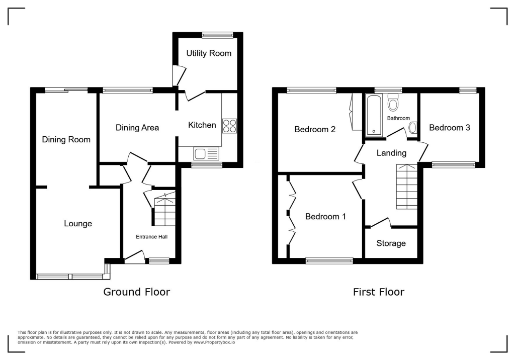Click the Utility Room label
click(209, 53)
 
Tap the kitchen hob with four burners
click(229, 126)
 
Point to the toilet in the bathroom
click(393, 103)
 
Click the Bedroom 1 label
click(325, 217)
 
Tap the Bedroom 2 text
click(315, 129)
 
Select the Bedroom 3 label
click(449, 128)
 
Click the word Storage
click(391, 243)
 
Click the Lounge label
click(78, 223)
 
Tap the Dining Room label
click(66, 139)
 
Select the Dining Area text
click(137, 128)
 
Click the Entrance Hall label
click(151, 236)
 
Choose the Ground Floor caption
click(136, 292)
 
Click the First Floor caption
click(378, 292)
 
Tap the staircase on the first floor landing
click(407, 187)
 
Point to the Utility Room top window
click(217, 35)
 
